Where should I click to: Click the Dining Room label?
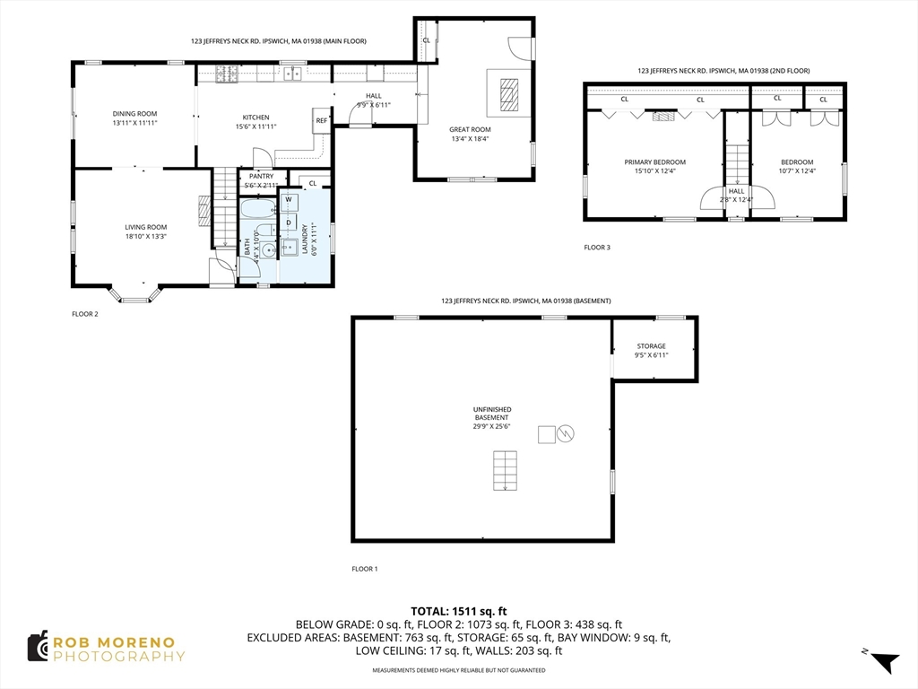click(134, 114)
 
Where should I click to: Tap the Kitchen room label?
click(255, 118)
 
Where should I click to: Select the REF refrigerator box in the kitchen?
click(321, 121)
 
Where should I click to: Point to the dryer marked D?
click(289, 222)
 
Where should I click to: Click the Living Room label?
click(146, 227)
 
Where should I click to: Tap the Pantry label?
click(261, 177)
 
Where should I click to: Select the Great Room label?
click(470, 129)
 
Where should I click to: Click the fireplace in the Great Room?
click(509, 94)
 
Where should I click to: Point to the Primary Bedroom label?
click(654, 162)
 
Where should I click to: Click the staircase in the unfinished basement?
click(505, 470)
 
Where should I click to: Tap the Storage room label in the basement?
click(651, 346)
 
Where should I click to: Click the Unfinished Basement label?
click(492, 414)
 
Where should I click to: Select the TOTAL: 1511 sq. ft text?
click(458, 612)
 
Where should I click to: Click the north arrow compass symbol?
click(885, 662)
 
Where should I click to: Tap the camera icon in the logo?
click(38, 647)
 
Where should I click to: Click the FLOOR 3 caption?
click(596, 248)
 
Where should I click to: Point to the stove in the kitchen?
click(227, 74)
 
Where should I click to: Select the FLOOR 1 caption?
click(364, 569)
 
